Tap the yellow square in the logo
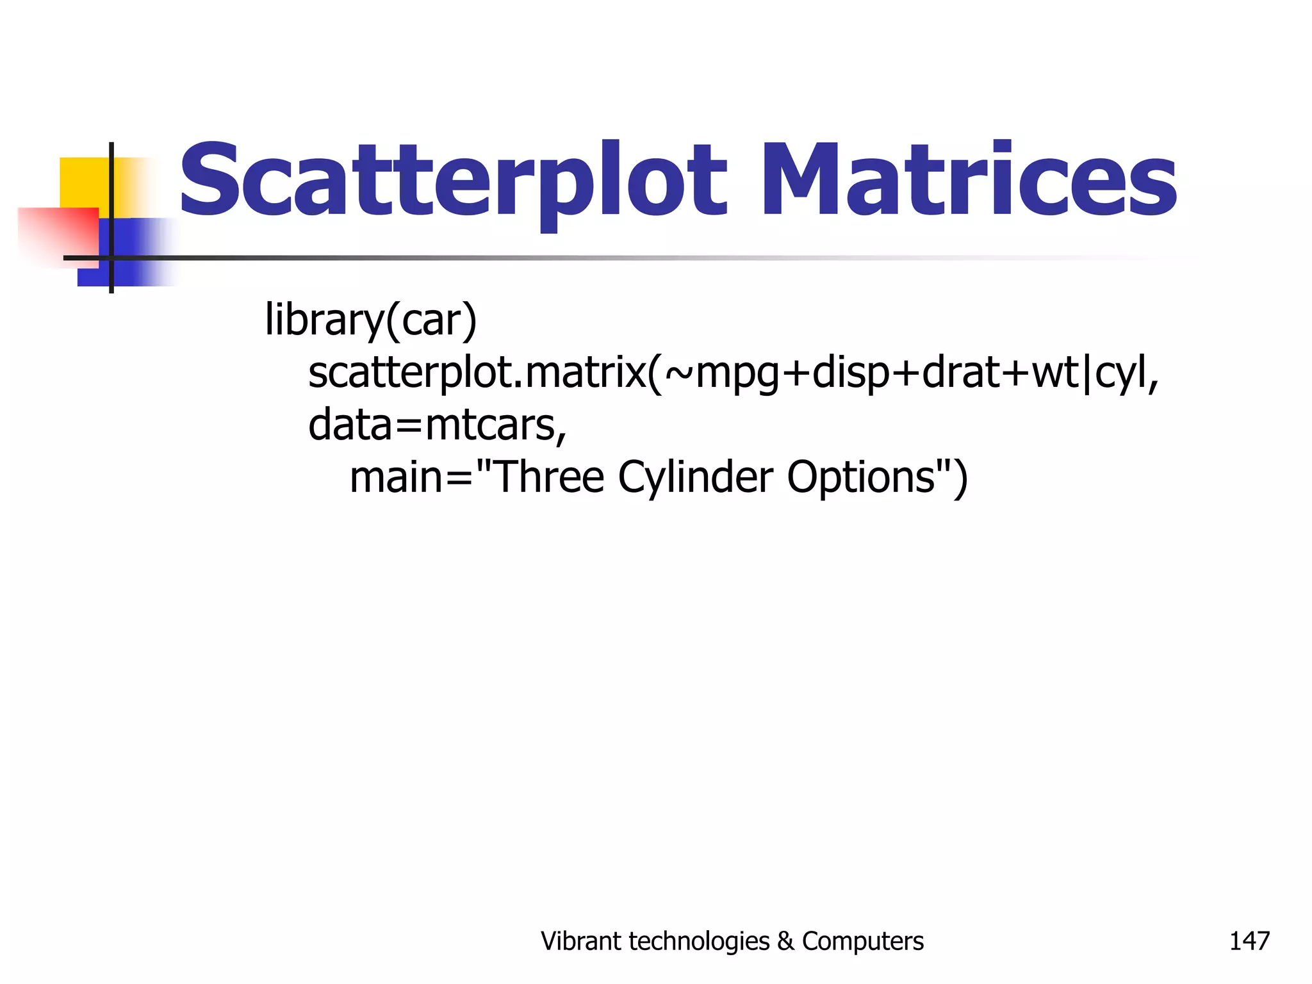tap(83, 183)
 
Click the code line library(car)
tap(371, 320)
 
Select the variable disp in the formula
tap(851, 373)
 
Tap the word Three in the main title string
tap(549, 478)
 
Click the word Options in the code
tap(860, 478)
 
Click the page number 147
tap(1249, 941)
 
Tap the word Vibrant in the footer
tap(581, 941)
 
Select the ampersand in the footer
tap(785, 941)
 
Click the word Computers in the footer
tap(862, 941)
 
